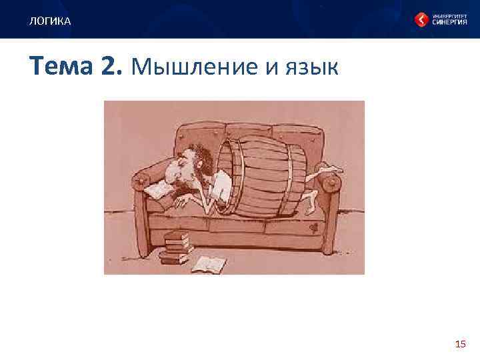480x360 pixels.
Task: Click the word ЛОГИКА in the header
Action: click(49, 22)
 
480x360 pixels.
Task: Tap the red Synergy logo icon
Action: click(421, 20)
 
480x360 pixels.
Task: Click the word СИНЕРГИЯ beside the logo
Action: click(449, 23)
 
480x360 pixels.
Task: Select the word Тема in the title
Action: click(62, 67)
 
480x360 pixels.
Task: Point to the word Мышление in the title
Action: click(193, 67)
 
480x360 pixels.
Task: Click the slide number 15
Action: click(459, 344)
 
